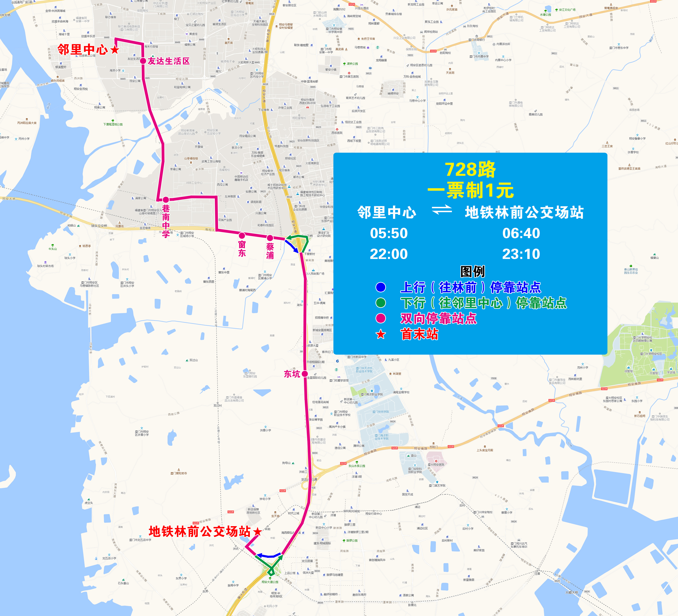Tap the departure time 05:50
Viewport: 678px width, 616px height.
click(x=389, y=233)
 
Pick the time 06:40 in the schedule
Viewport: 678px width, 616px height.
click(x=521, y=233)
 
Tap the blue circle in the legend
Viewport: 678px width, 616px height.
click(x=381, y=287)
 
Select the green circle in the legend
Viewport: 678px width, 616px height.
click(x=381, y=303)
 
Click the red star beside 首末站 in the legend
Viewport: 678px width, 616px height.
click(x=381, y=334)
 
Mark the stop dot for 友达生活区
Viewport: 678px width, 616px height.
click(x=143, y=61)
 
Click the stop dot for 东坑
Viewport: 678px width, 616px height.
click(x=305, y=374)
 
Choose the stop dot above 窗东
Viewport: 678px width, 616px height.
click(x=242, y=235)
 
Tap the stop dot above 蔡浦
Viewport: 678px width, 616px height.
click(x=270, y=238)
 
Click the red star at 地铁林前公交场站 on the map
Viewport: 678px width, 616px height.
click(x=258, y=532)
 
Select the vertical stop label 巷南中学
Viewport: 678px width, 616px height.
click(x=166, y=221)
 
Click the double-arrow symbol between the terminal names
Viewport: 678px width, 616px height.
click(x=442, y=210)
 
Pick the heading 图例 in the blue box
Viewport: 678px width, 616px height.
click(x=472, y=271)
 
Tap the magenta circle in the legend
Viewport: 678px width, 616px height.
click(x=381, y=318)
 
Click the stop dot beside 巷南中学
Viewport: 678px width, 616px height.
click(x=166, y=200)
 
